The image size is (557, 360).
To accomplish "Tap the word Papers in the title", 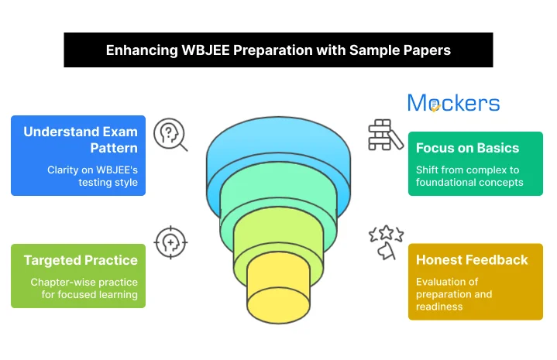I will (425, 50).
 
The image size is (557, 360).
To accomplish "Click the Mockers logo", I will (453, 103).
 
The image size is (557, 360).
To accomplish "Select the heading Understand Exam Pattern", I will (81, 139).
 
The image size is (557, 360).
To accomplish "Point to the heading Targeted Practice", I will (81, 260).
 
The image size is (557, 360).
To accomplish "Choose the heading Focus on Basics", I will (467, 148).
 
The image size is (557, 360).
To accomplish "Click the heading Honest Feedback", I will (472, 260).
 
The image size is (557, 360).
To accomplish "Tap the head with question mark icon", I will (170, 134).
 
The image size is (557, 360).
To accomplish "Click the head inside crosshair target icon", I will (170, 242).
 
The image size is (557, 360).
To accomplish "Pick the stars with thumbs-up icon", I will (385, 242).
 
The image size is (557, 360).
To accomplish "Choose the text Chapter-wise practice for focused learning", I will (84, 288).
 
